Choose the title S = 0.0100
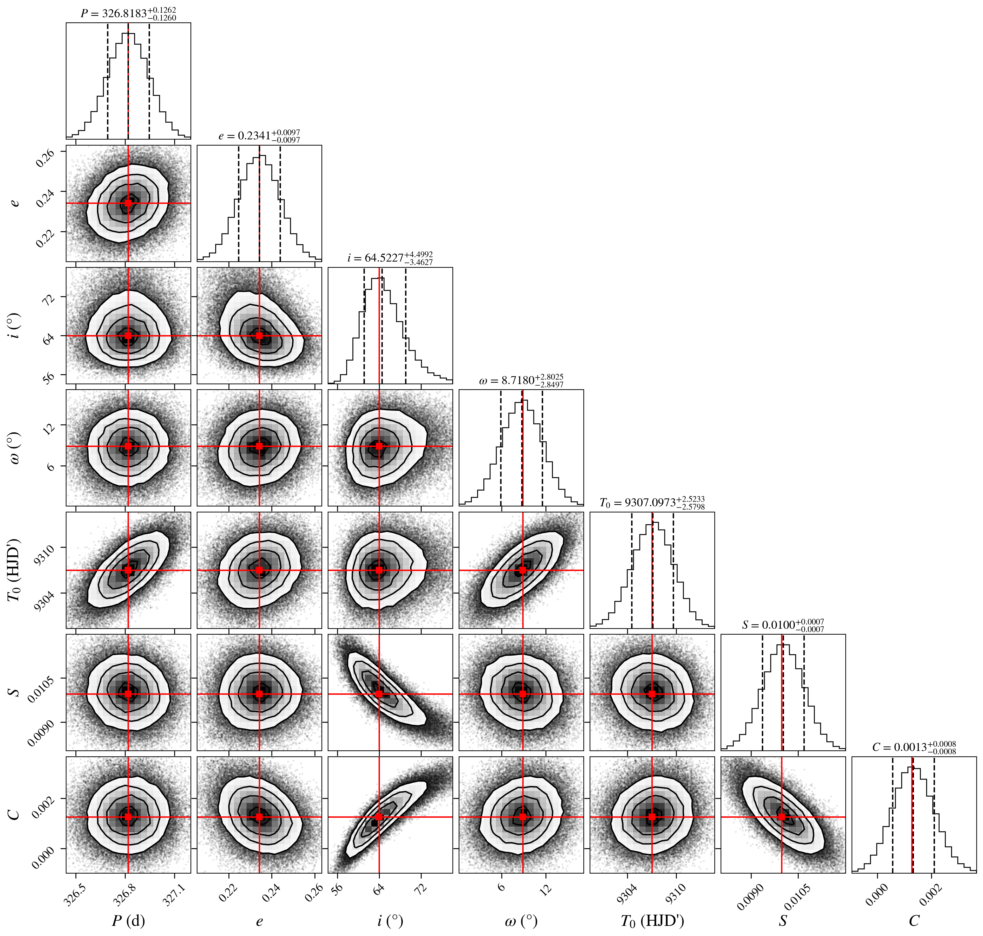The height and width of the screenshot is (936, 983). click(783, 625)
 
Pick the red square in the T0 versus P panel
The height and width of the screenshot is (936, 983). click(128, 570)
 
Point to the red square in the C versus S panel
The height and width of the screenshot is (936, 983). click(782, 817)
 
